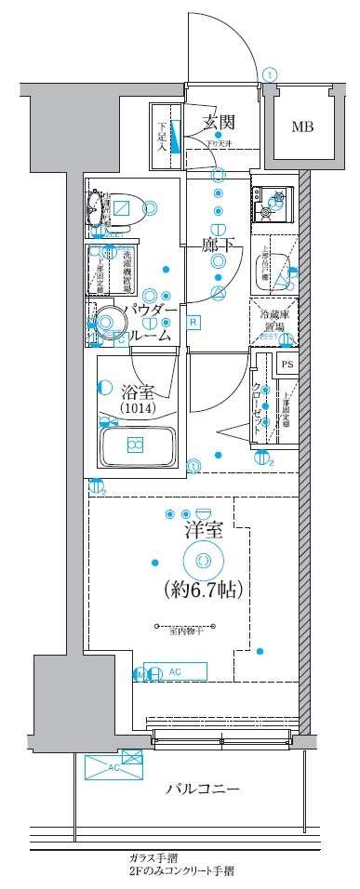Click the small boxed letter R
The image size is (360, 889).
tap(167, 323)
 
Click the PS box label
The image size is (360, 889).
tap(287, 365)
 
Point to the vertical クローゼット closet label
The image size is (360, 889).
tap(258, 409)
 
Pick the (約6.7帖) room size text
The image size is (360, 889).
tap(203, 589)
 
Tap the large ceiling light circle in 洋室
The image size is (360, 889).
tap(203, 560)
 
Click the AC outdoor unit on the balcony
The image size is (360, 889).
tap(114, 766)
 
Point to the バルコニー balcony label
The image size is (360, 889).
tap(203, 790)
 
